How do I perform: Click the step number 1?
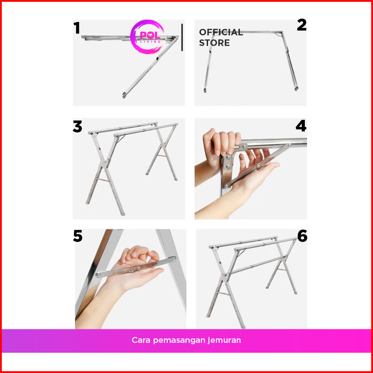(76, 28)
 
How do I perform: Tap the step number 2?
(302, 25)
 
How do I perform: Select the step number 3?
(77, 127)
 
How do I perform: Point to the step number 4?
(301, 126)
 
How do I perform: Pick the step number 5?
(78, 236)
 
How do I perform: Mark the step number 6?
(302, 236)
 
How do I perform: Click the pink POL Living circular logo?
(147, 37)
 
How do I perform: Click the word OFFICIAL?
(221, 32)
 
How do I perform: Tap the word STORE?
(214, 43)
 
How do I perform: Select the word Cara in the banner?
(141, 340)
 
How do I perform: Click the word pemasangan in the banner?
(179, 341)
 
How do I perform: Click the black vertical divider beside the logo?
(182, 38)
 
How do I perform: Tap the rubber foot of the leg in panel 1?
(124, 95)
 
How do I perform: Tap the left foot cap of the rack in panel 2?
(205, 91)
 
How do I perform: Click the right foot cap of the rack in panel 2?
(296, 89)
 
